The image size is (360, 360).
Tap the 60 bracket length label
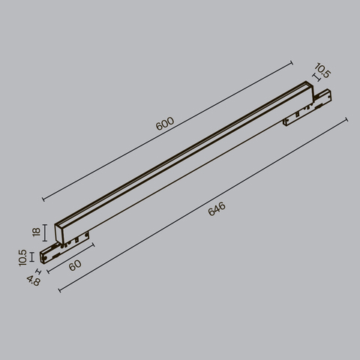(74, 266)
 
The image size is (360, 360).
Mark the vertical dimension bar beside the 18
(46, 232)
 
